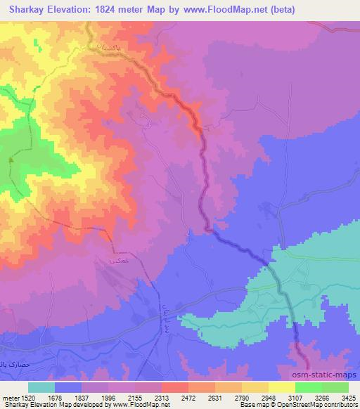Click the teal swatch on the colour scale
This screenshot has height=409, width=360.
pos(41,388)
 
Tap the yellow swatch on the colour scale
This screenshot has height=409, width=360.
pos(281,388)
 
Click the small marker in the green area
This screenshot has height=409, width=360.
pos(11,159)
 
